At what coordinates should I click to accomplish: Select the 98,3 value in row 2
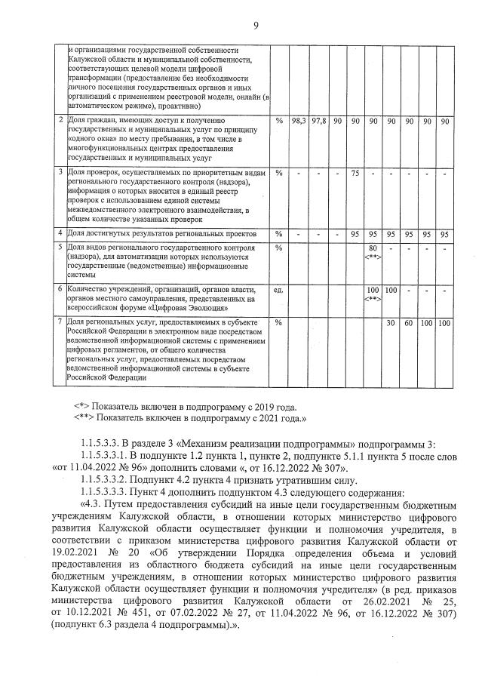tap(299, 122)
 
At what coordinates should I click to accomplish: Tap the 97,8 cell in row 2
tap(318, 122)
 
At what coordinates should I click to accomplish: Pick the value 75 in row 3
tap(355, 174)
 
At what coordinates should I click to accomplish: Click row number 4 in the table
tap(60, 233)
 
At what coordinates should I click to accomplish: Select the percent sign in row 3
tap(278, 174)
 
